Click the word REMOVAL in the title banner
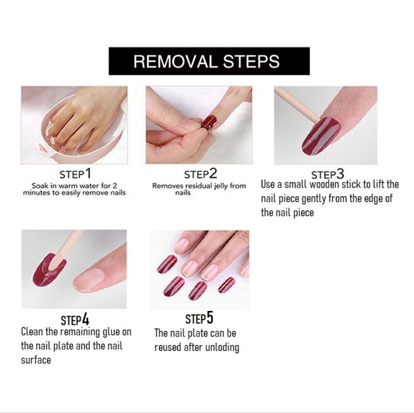176,61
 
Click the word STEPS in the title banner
251,61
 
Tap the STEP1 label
75,174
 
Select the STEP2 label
201,174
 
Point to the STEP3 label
328,175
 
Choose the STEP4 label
75,319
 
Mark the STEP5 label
199,318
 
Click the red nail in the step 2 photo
209,122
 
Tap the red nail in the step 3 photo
321,136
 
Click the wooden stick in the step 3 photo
296,103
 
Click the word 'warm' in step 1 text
70,185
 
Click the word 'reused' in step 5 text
164,347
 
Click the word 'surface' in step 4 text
36,360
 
